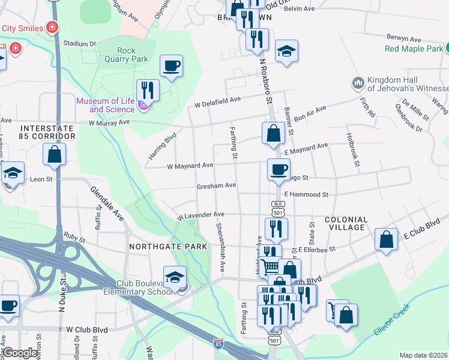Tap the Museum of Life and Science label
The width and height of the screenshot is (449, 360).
click(105, 105)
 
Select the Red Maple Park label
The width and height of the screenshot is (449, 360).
click(414, 48)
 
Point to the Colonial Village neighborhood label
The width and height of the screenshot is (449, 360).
click(345, 224)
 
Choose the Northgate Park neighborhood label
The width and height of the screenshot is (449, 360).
click(168, 247)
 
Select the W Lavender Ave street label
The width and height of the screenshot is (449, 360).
click(200, 214)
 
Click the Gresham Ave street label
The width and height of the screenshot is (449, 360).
click(216, 186)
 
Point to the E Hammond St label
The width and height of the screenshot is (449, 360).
click(306, 194)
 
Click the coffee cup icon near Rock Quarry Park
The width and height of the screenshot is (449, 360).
click(172, 65)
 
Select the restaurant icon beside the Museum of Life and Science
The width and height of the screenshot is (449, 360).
click(148, 91)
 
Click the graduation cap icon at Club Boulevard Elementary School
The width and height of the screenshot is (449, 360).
click(175, 278)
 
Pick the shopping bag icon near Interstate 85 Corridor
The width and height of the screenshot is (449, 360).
click(55, 154)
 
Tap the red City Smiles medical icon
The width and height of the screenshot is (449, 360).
click(53, 28)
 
